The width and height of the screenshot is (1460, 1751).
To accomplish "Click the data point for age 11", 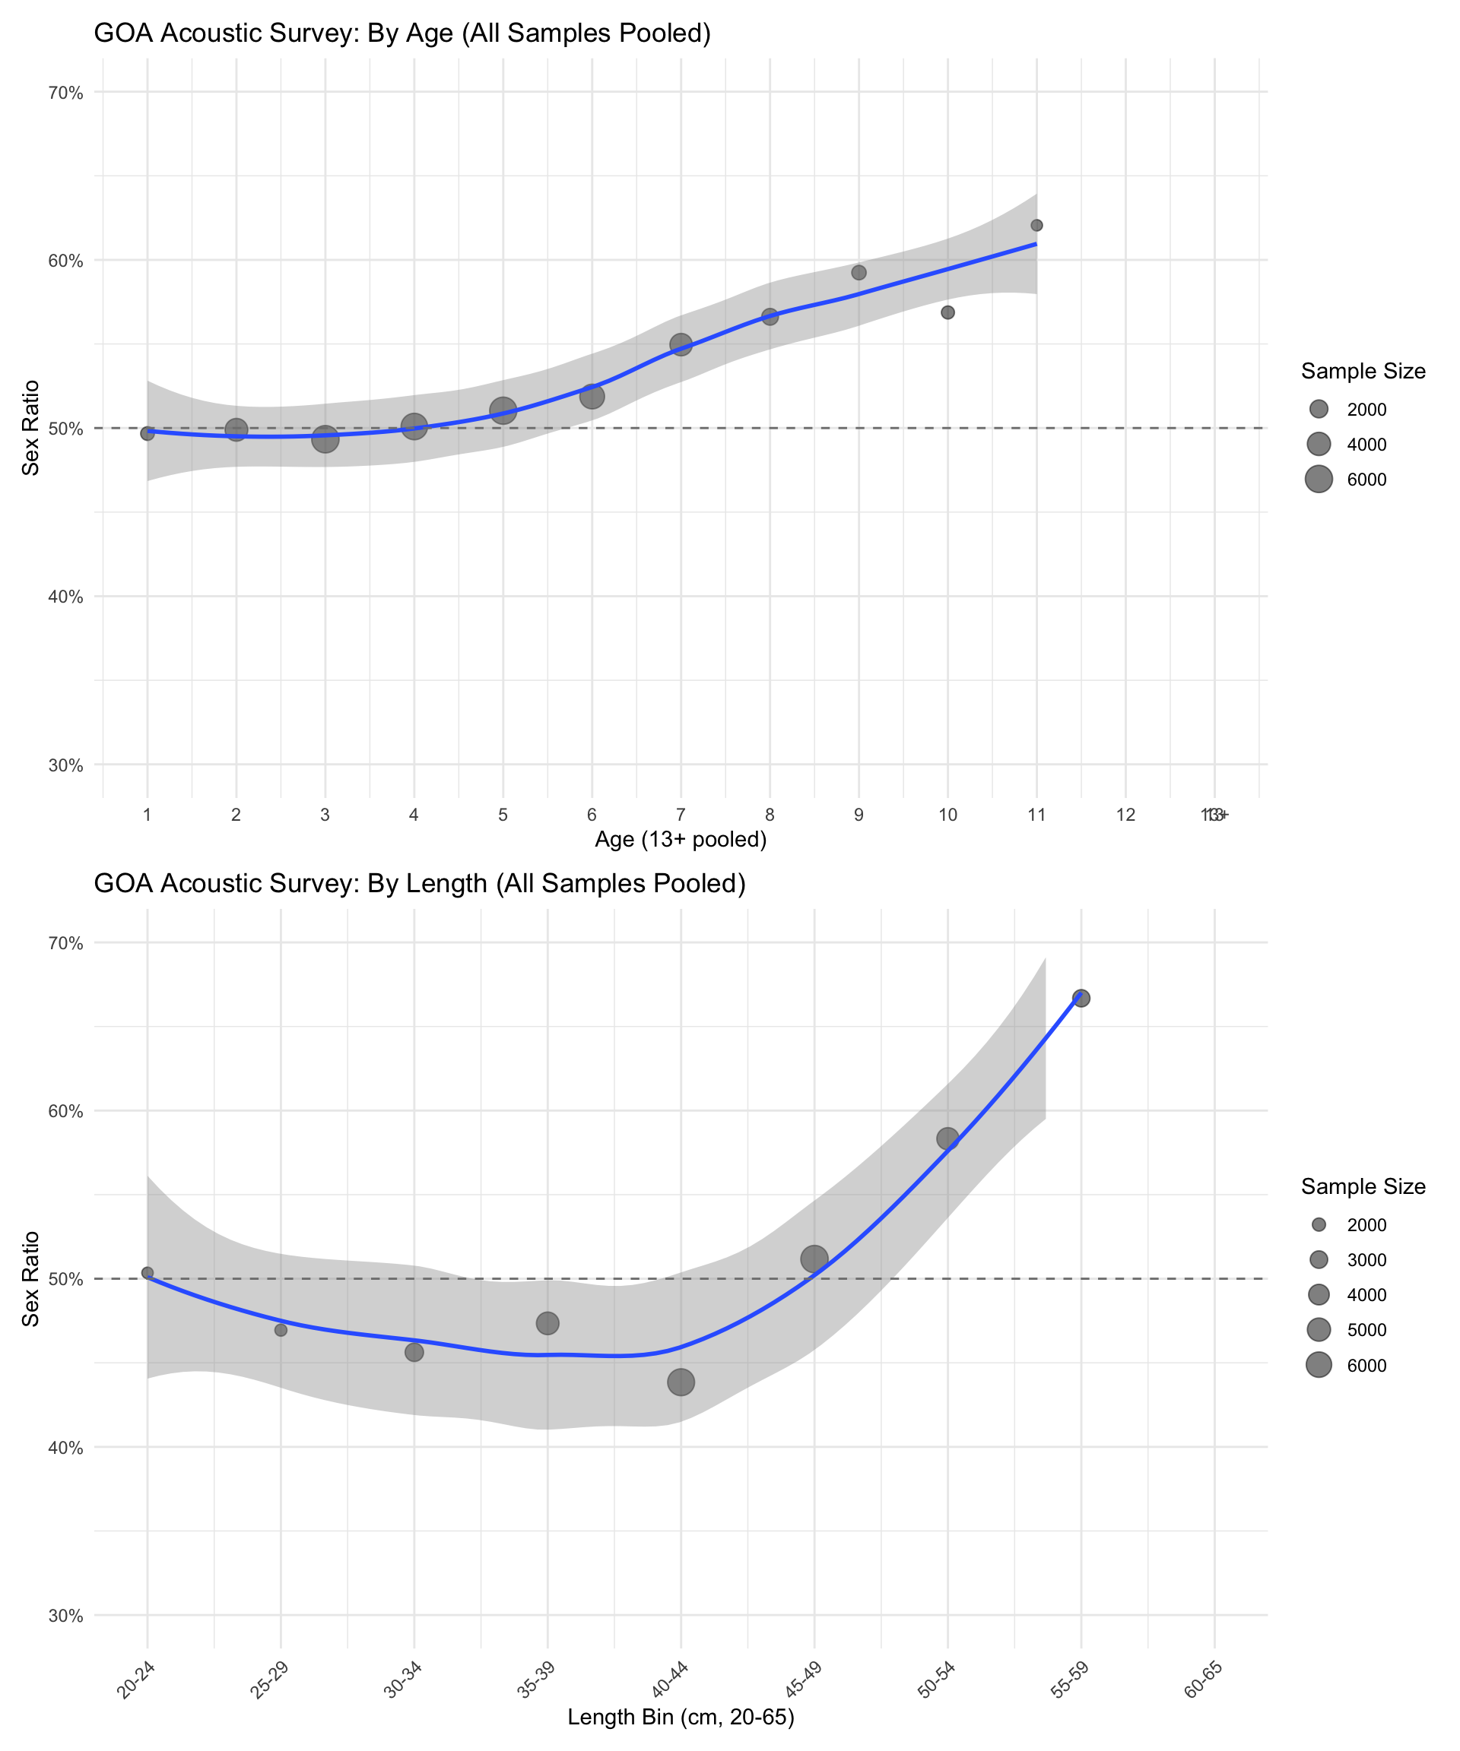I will pos(1036,225).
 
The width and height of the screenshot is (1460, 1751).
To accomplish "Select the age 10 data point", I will pos(947,312).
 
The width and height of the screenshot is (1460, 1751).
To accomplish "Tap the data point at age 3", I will pos(325,439).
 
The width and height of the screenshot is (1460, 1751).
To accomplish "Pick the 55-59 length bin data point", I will pos(1081,998).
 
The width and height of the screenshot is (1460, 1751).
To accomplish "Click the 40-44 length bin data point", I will pos(681,1382).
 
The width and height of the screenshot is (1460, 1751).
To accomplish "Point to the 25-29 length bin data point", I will pos(281,1330).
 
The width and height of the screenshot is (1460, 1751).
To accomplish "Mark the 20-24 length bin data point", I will pos(148,1272).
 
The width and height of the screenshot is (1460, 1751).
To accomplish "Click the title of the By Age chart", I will pos(402,33).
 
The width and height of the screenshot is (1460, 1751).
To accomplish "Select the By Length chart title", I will pos(420,883).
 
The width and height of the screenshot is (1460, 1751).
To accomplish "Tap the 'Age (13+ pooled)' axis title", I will pos(680,839).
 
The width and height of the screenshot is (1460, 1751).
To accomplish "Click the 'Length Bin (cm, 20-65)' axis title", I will pos(680,1717).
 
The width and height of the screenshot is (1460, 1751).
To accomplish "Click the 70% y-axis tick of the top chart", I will pos(66,93).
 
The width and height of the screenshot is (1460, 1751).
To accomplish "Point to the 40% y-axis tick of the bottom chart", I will pos(66,1448).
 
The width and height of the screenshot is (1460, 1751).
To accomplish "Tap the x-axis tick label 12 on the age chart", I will pos(1125,815).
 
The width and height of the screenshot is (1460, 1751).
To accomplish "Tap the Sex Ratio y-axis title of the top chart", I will pos(31,428).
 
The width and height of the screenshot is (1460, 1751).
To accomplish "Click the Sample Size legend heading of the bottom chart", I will pos(1363,1186).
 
